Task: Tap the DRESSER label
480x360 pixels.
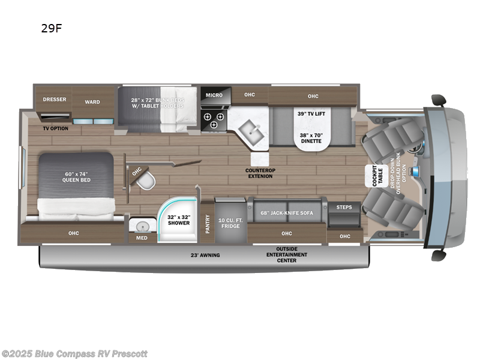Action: (55, 100)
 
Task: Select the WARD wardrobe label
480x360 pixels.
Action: (92, 102)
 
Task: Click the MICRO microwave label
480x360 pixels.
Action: (214, 95)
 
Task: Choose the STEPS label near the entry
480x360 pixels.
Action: (344, 208)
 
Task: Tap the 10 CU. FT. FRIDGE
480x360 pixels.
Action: (230, 223)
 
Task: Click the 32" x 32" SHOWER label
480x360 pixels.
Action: (178, 219)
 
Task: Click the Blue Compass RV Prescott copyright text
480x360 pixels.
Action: (74, 353)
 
